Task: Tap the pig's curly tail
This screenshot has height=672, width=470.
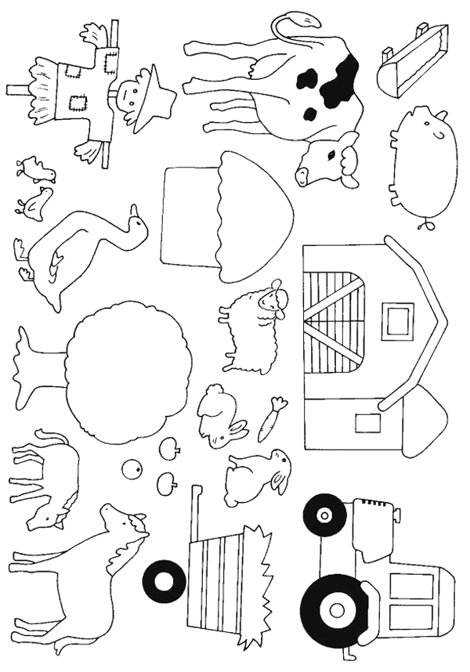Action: (425, 226)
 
